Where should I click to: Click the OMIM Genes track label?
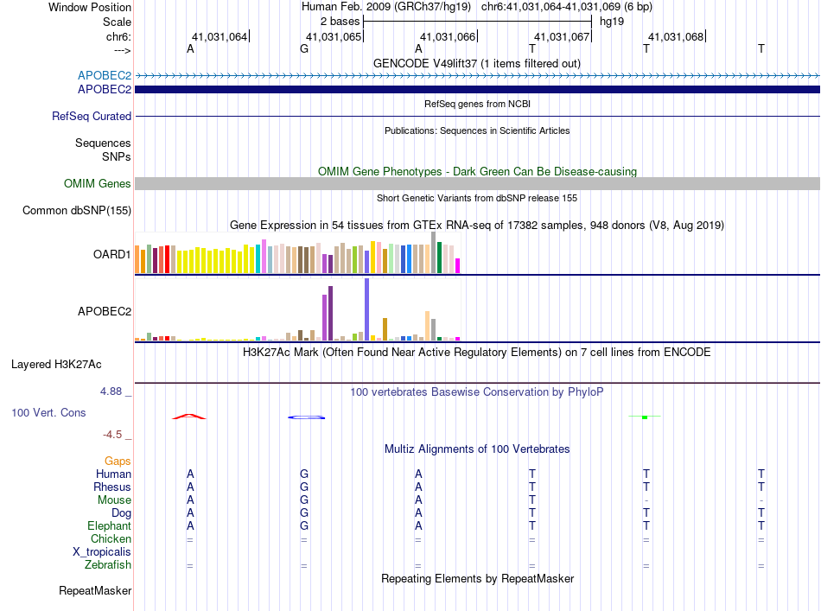[97, 184]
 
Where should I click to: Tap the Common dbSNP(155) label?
[77, 210]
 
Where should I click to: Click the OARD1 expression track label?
[111, 255]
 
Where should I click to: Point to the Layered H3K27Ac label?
[71, 365]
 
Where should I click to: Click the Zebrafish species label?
[109, 565]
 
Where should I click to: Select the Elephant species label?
[109, 526]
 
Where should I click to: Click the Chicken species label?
[111, 539]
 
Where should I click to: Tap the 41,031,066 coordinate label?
[448, 37]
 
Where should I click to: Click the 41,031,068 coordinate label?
[676, 37]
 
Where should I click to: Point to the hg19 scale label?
[611, 20]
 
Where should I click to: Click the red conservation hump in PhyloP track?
[189, 417]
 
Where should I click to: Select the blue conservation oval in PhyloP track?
[306, 417]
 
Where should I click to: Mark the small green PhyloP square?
[645, 417]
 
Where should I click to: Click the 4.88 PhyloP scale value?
[115, 391]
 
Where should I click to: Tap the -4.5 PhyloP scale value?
[115, 435]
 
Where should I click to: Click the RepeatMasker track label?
[95, 592]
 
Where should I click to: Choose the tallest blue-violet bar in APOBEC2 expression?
[367, 309]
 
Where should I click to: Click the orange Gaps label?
[118, 461]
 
